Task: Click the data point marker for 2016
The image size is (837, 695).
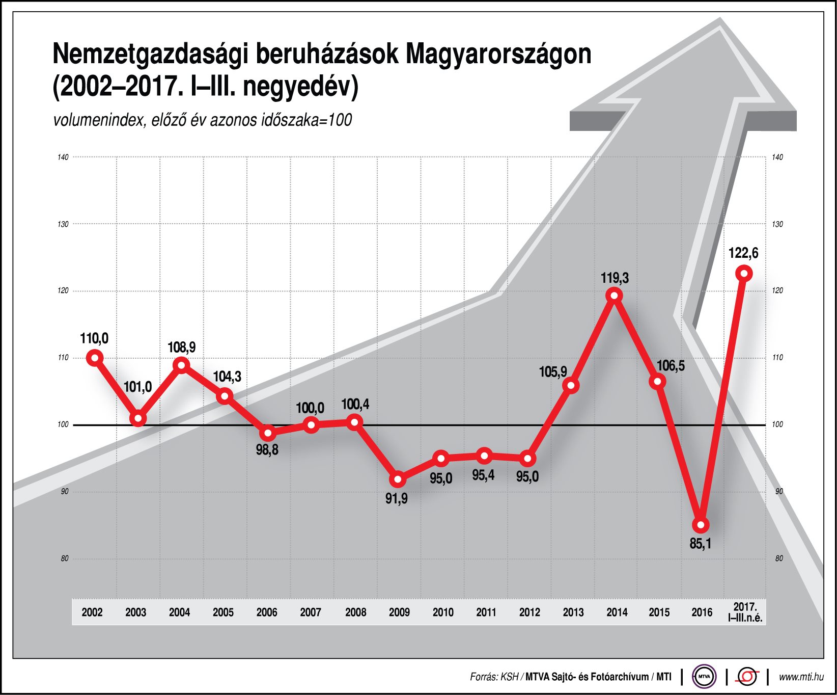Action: click(701, 525)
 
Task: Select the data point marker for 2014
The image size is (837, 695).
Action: click(615, 296)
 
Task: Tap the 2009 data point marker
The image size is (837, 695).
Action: click(398, 479)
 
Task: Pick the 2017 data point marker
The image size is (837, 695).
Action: click(744, 274)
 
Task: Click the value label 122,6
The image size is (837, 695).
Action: click(743, 253)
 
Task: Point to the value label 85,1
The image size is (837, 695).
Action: click(700, 544)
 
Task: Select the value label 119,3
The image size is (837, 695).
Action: click(615, 278)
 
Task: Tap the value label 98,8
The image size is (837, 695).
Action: click(267, 450)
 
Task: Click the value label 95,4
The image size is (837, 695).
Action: click(483, 475)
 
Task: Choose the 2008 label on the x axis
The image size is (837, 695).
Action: click(355, 612)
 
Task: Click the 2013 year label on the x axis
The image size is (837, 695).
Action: click(573, 612)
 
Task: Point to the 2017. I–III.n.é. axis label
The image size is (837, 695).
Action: click(745, 612)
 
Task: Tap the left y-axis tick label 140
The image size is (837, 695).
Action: click(63, 157)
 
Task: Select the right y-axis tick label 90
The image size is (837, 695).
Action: click(779, 491)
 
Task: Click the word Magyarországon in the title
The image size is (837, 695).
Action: click(498, 54)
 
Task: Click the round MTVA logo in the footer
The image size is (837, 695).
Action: click(704, 677)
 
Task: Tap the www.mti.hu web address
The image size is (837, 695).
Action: click(801, 677)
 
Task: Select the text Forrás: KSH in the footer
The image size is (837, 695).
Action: click(494, 677)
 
